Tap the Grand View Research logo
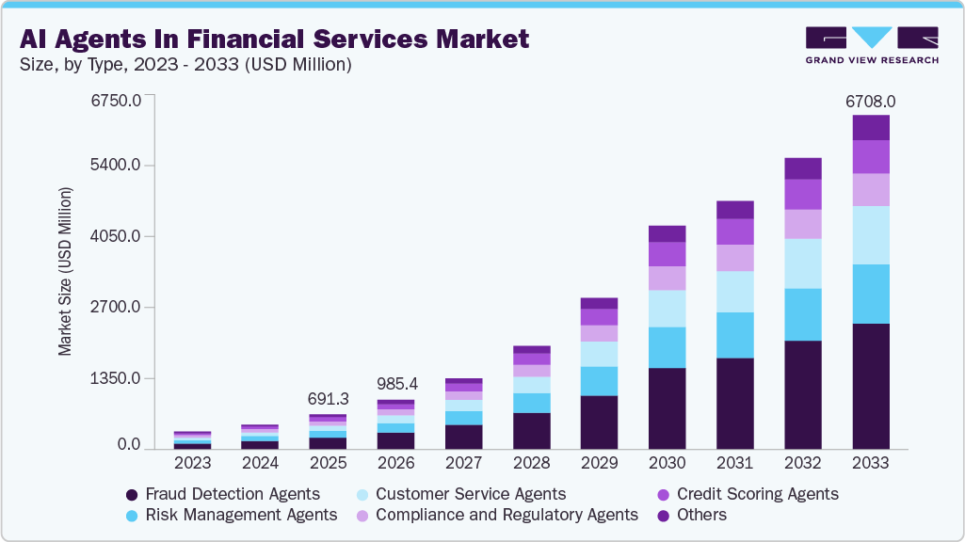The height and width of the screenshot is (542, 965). tap(871, 44)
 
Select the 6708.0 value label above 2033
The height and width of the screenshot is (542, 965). tap(870, 101)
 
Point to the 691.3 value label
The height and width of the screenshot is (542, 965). tap(328, 399)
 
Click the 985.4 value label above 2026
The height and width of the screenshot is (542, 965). tap(395, 384)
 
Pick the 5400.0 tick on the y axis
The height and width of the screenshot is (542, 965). tap(115, 166)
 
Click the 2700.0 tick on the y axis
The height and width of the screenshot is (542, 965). tap(115, 307)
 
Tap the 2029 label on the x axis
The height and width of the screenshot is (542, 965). tap(599, 463)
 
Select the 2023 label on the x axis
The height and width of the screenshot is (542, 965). tap(192, 463)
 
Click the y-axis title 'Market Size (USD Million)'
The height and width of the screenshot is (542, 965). tap(65, 271)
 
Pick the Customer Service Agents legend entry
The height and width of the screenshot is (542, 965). tap(460, 494)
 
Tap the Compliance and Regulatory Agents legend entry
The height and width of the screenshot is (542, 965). tap(496, 515)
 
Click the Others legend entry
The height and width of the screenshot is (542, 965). tap(691, 515)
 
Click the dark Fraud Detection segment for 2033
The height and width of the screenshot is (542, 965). tap(871, 386)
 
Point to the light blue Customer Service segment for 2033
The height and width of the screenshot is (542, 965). tap(871, 235)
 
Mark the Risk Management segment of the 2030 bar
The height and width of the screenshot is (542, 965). tap(667, 347)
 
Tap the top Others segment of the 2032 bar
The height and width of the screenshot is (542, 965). tap(802, 168)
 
